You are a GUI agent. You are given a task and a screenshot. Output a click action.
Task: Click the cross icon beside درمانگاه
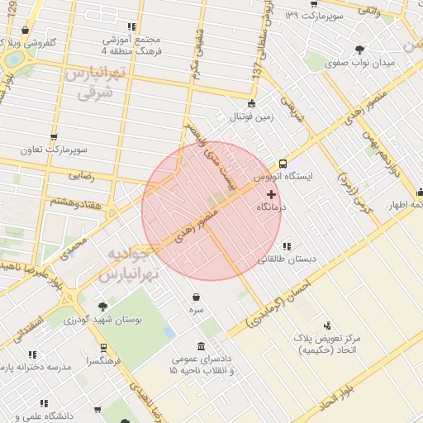(271, 194)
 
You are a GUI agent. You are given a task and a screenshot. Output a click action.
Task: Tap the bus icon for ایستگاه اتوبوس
(283, 164)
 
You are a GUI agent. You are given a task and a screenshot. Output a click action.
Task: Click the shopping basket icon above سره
(195, 297)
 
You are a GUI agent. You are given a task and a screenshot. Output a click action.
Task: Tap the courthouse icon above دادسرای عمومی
(202, 346)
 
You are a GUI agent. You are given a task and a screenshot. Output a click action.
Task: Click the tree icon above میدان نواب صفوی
(359, 49)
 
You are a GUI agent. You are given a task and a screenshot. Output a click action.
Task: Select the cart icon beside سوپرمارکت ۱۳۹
(313, 3)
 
